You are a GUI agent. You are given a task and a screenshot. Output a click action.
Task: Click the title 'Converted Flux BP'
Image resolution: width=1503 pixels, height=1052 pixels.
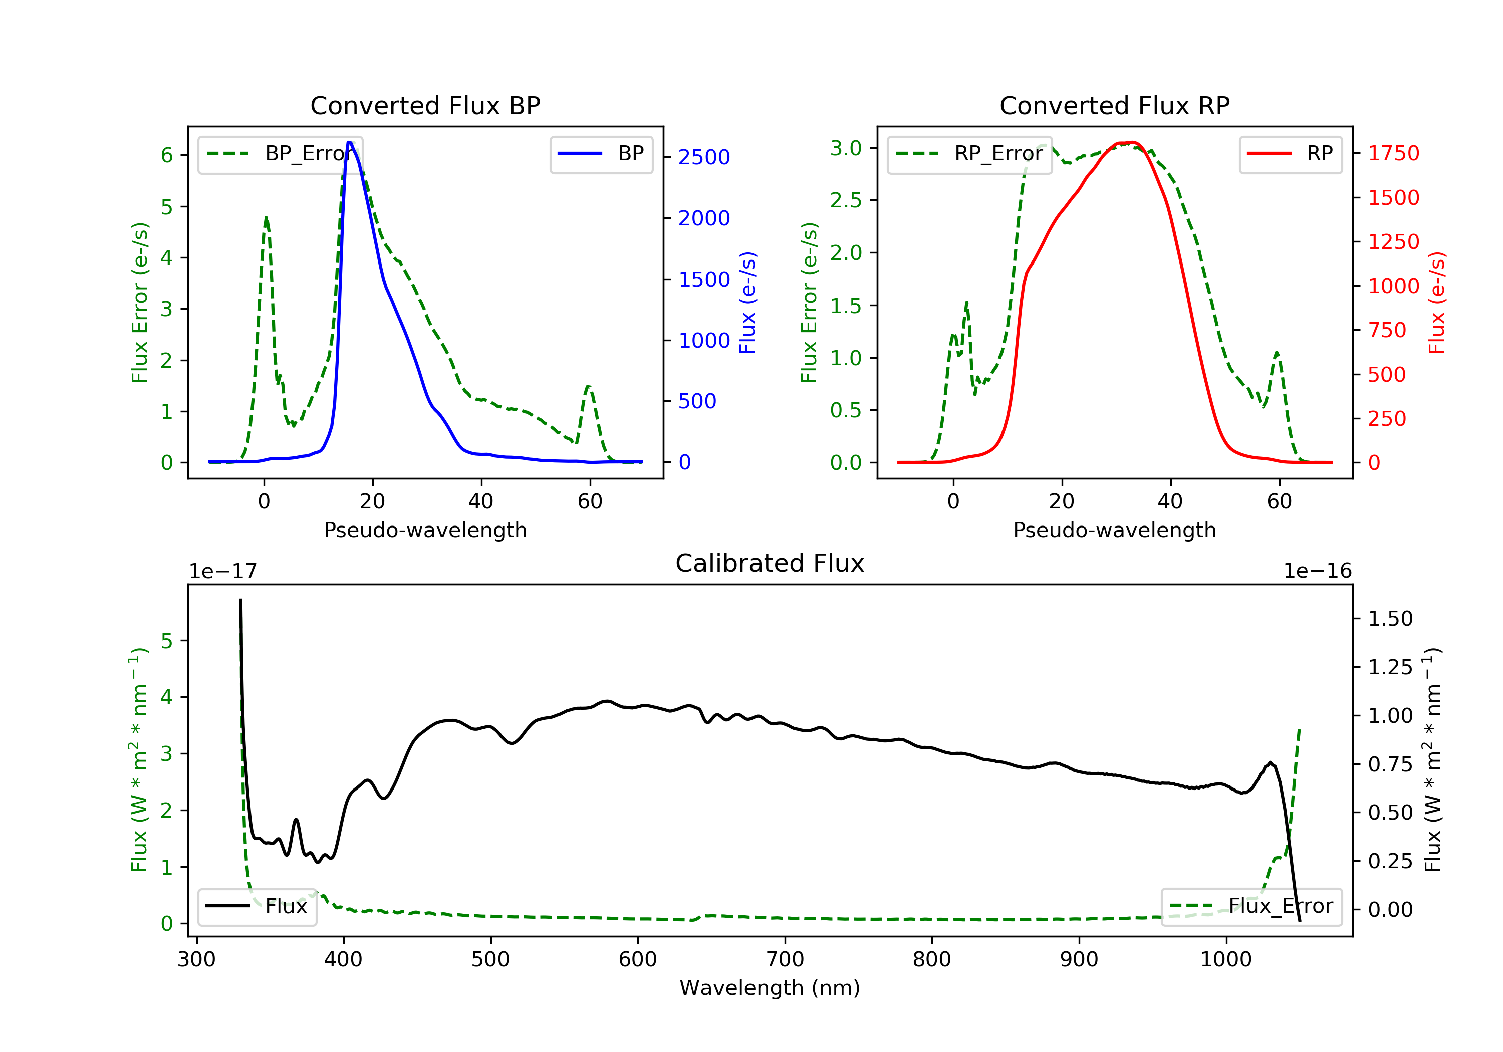[425, 105]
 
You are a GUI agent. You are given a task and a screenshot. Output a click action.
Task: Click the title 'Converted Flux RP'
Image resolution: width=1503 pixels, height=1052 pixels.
[1114, 105]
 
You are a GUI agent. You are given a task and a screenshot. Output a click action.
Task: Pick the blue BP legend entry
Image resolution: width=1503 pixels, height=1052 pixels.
[601, 154]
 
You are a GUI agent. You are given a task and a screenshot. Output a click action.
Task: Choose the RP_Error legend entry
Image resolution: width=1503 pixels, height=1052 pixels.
[969, 154]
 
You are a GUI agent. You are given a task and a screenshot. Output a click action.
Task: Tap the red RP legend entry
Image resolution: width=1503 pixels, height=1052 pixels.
[1290, 154]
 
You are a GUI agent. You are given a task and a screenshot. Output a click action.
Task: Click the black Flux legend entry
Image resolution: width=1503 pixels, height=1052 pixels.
[257, 906]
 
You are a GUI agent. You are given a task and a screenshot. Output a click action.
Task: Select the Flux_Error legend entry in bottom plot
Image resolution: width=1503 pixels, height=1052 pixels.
[1251, 906]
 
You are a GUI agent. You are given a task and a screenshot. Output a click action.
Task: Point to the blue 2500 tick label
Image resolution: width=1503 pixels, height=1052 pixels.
[704, 157]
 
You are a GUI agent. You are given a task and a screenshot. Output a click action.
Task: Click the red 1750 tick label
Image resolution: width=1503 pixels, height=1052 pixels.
[1394, 153]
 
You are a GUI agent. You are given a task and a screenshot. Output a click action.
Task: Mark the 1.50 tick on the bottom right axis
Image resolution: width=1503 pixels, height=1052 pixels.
[1390, 619]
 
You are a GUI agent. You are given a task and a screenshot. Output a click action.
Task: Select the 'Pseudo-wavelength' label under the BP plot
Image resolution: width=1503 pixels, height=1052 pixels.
[425, 530]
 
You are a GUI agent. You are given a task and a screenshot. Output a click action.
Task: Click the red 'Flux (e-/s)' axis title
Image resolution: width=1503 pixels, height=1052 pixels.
[1436, 303]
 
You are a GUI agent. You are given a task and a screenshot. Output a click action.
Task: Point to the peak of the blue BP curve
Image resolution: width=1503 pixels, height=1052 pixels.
[350, 142]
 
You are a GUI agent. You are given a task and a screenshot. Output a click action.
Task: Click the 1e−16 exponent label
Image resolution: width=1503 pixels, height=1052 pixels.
[1317, 571]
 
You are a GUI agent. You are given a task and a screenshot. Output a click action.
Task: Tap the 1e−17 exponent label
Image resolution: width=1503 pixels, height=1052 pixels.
[222, 571]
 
